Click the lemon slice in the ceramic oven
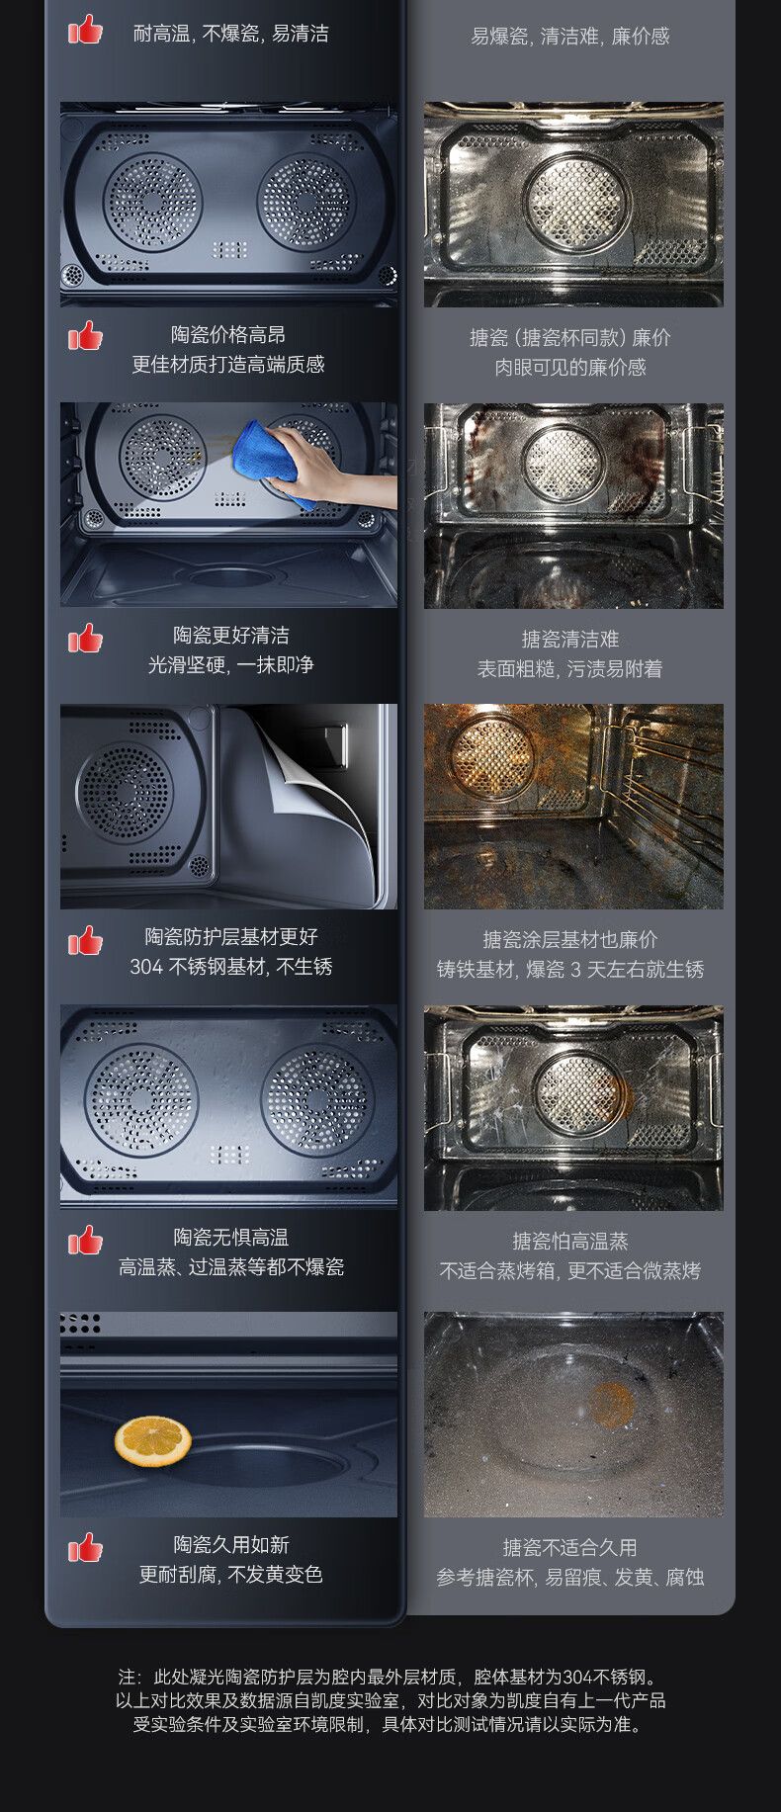[x=152, y=1441]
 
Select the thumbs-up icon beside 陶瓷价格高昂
[x=85, y=336]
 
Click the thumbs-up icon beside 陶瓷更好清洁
[x=85, y=639]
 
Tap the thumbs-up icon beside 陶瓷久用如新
[x=85, y=1547]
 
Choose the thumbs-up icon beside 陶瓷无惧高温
[x=85, y=1240]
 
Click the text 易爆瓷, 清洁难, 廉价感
[x=570, y=37]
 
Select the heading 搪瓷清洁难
[x=570, y=640]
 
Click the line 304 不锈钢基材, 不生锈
[x=231, y=967]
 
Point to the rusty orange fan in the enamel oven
[x=493, y=756]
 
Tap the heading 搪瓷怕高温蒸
[x=570, y=1242]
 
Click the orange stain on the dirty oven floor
[x=612, y=1405]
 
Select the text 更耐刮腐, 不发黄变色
[x=231, y=1575]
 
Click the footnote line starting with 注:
[x=389, y=1677]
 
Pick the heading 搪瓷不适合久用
[x=570, y=1548]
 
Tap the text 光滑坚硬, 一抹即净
[x=231, y=665]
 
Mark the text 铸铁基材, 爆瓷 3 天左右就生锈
[x=570, y=970]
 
